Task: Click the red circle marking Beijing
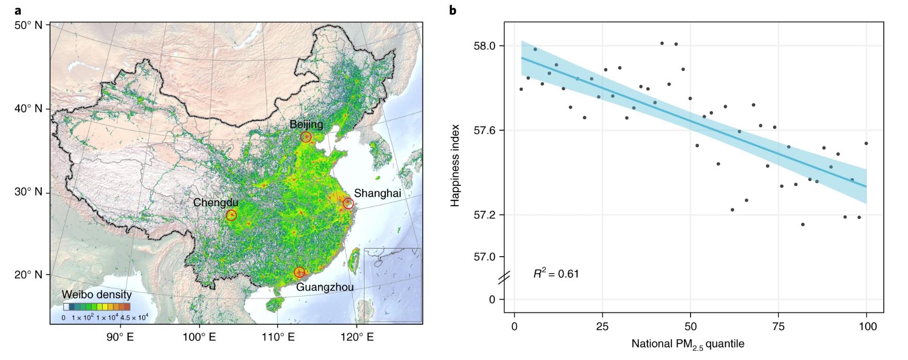306,137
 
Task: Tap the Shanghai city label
377,193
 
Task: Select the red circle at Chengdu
231,215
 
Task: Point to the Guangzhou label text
325,287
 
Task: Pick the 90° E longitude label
120,337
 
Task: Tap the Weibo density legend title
97,295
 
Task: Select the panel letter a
19,10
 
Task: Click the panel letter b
453,10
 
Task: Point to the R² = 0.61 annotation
556,274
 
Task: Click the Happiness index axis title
455,165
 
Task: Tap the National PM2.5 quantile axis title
687,343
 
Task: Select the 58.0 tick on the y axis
484,46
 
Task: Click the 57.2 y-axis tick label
484,214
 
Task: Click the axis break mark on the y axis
504,278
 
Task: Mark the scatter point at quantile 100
866,143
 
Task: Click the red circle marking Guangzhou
300,272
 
